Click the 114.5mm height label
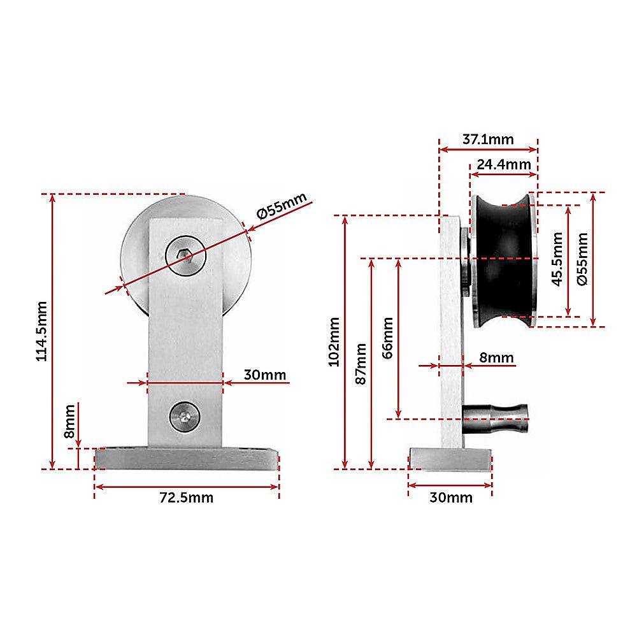point(41,331)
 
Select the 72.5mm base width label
point(187,497)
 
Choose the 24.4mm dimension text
point(504,164)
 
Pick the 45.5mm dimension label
point(557,259)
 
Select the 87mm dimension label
point(361,363)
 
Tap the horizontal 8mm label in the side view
point(496,357)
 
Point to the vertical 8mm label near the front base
point(69,422)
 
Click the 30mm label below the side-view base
point(450,497)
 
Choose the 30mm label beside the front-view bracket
point(264,375)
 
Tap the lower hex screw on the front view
point(184,417)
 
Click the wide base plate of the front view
point(187,459)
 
